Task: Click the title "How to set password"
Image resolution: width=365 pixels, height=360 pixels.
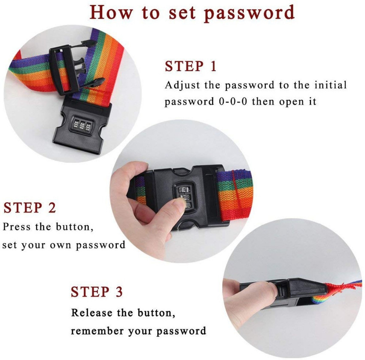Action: [x=192, y=13]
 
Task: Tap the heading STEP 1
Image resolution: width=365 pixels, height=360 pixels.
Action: [x=191, y=66]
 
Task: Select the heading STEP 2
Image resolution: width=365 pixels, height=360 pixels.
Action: [x=30, y=207]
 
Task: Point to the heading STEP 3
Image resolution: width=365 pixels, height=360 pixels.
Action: [x=97, y=292]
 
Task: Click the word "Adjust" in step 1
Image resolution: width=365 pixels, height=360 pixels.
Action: [x=182, y=85]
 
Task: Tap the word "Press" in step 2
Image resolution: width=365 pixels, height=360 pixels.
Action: [x=16, y=226]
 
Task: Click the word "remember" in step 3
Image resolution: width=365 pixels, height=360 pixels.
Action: [x=97, y=331]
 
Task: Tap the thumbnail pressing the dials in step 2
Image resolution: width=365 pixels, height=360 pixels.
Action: [x=180, y=203]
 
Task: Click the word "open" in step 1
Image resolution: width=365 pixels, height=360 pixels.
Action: [x=292, y=102]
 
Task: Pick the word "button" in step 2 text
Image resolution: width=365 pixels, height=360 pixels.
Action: [x=74, y=226]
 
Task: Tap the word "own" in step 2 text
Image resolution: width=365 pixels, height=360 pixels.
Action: [x=61, y=245]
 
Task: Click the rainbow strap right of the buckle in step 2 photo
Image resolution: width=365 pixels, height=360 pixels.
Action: [x=236, y=195]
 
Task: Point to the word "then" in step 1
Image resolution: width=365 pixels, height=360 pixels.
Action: [x=263, y=101]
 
